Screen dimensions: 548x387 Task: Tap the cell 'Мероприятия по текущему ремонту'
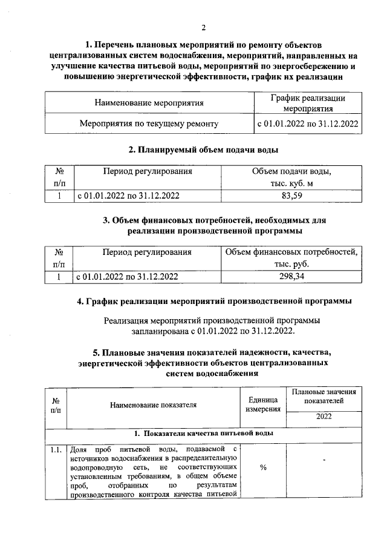click(149, 124)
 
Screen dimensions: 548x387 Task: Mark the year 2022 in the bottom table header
click(324, 418)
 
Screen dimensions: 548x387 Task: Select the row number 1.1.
click(56, 449)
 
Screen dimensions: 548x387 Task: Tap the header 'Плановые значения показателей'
click(324, 397)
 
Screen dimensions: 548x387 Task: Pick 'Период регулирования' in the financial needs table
click(147, 252)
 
